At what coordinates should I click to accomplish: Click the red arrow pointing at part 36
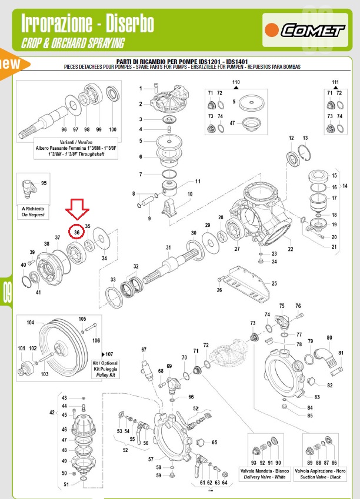tap(77, 212)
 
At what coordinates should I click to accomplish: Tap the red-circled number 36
tap(77, 233)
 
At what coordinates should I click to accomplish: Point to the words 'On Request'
tap(32, 216)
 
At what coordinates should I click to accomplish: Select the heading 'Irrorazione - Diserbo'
tap(88, 24)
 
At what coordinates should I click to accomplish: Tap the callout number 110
tap(236, 82)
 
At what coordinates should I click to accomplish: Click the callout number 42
tap(52, 413)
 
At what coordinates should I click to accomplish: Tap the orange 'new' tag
tap(11, 63)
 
